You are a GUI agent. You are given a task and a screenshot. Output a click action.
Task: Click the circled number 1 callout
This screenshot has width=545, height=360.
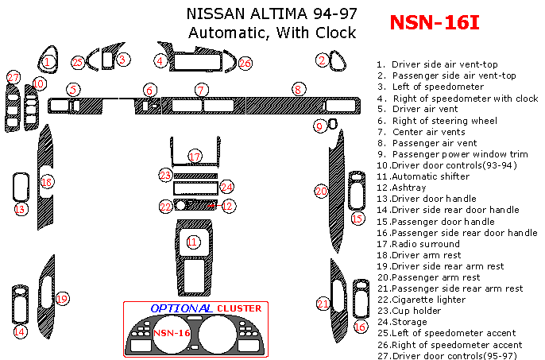click(x=48, y=61)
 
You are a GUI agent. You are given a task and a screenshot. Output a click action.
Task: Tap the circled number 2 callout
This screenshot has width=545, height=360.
click(x=323, y=60)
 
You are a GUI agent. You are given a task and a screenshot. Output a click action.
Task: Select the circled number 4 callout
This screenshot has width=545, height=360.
click(x=160, y=60)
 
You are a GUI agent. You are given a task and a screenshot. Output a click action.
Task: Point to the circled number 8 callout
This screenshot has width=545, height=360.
click(x=298, y=90)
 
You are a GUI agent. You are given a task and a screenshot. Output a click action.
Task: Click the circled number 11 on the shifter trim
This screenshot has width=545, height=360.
click(x=192, y=241)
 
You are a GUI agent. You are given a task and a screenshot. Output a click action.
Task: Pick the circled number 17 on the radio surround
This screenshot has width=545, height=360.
click(x=195, y=156)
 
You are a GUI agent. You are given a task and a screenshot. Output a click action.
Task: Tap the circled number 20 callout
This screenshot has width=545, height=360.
click(x=321, y=192)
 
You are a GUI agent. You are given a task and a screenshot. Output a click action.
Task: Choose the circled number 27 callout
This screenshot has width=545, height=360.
click(x=14, y=77)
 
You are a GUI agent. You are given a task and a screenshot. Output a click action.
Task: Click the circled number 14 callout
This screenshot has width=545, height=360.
click(x=20, y=331)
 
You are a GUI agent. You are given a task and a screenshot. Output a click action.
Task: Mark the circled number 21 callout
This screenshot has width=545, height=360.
click(x=323, y=304)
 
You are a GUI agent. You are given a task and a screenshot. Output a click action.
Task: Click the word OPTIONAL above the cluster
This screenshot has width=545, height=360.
click(x=180, y=308)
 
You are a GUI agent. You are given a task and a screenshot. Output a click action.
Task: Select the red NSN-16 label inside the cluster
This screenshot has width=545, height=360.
click(x=171, y=333)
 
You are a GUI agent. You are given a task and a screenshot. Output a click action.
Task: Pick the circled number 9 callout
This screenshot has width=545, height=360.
click(x=319, y=126)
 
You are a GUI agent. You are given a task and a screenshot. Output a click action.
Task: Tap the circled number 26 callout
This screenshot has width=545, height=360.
click(x=245, y=63)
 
